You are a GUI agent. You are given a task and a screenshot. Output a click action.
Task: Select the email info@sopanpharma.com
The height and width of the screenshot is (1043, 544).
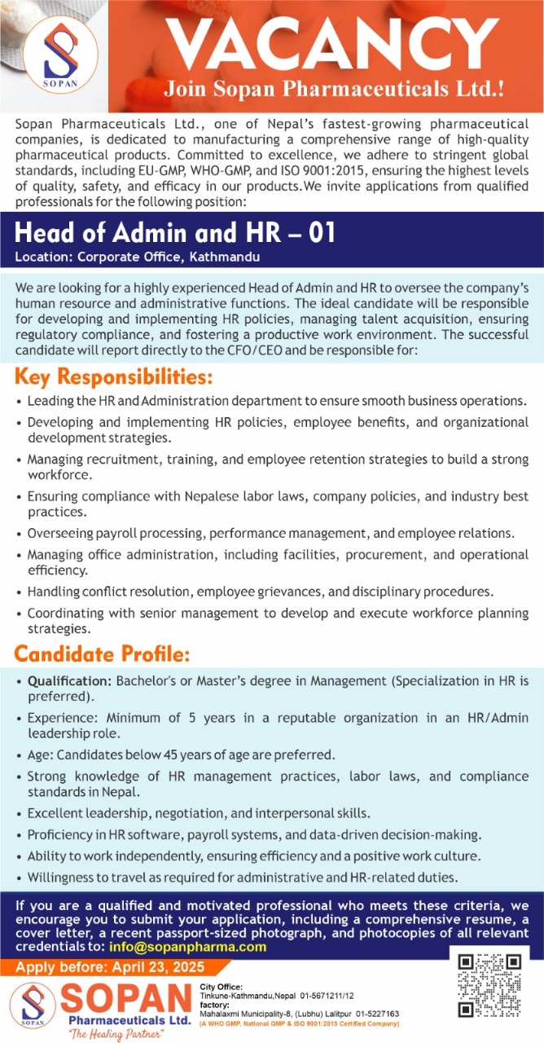(x=187, y=947)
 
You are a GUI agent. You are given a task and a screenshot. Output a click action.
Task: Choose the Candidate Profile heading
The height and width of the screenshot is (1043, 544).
(x=103, y=654)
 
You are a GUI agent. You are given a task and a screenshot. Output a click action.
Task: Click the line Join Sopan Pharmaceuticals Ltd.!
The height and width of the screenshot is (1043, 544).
(x=334, y=88)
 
